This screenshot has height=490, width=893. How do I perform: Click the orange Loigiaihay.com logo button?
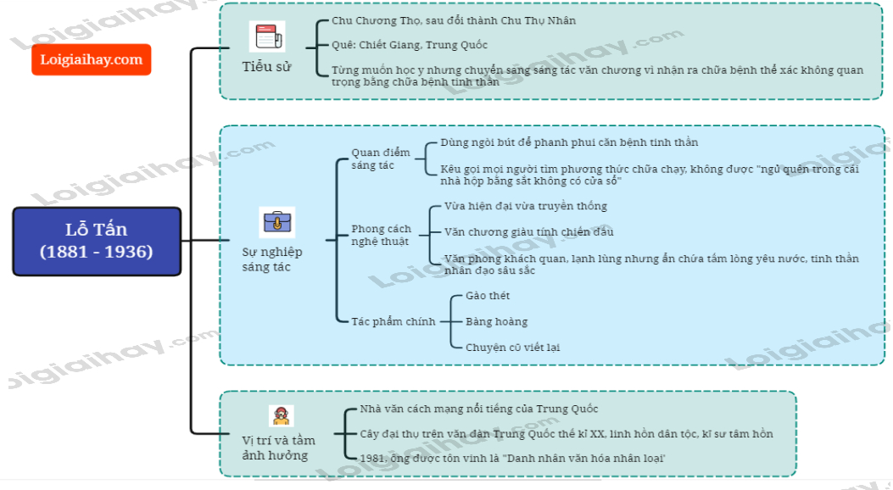pos(92,59)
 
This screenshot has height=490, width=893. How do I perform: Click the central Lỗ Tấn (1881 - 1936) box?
pos(97,241)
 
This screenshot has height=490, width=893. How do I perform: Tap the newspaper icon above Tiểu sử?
pos(266,37)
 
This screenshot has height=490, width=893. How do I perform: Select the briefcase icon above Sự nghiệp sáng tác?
pos(276,222)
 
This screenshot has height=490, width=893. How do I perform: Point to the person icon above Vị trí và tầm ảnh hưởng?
pos(281,415)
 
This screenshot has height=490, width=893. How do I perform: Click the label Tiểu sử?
pos(266,66)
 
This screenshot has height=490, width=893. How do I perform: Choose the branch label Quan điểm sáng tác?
pos(381,159)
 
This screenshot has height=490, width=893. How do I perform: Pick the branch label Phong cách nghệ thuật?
pos(381,235)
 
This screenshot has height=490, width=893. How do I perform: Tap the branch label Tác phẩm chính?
pos(393,321)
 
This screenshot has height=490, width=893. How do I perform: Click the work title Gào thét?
pos(488,296)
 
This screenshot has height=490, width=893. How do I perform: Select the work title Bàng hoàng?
pos(496,321)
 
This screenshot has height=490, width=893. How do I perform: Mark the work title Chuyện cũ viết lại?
pos(512,347)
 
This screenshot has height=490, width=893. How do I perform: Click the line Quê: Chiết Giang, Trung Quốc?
pos(410,45)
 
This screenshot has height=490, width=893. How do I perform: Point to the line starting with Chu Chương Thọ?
pos(454,20)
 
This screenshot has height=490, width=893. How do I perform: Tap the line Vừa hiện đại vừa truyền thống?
pos(525,206)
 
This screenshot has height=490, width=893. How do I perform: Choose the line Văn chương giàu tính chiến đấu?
pos(528,231)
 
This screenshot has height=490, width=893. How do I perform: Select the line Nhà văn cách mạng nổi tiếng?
pos(479,409)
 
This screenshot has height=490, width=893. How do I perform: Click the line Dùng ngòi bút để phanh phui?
pos(569,142)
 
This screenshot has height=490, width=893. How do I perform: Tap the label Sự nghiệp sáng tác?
pos(272,259)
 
